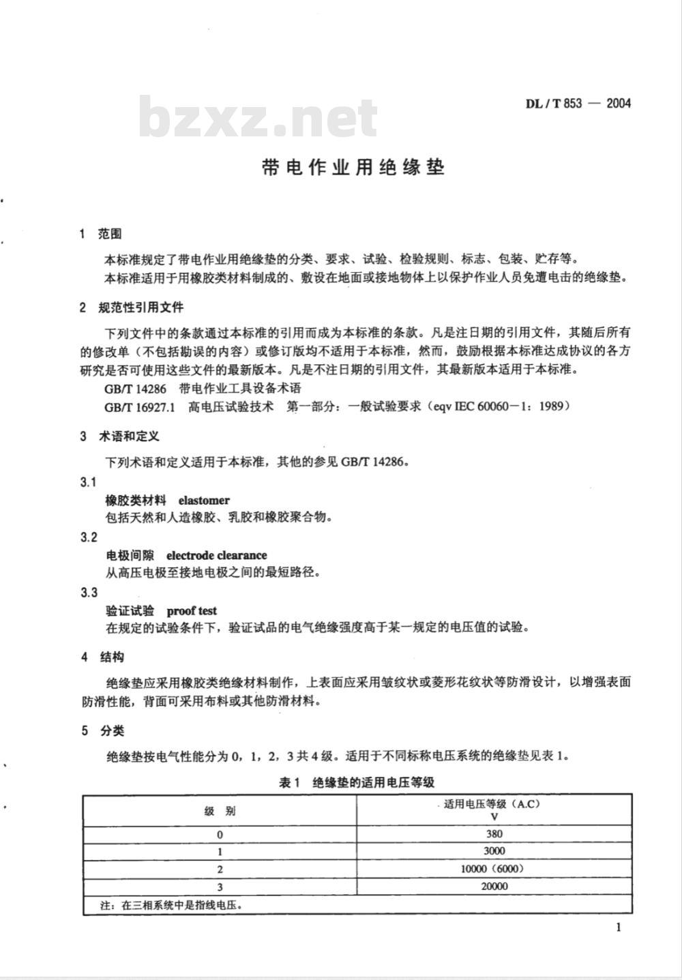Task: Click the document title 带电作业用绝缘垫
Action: pyautogui.click(x=353, y=168)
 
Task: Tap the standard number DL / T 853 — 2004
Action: pyautogui.click(x=578, y=104)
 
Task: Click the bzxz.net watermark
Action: pyautogui.click(x=258, y=118)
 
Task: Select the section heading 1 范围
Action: pyautogui.click(x=101, y=234)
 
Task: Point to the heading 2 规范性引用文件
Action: pyautogui.click(x=132, y=308)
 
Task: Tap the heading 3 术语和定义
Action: pyautogui.click(x=119, y=436)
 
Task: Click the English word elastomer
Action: pyautogui.click(x=204, y=501)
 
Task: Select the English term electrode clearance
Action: pyautogui.click(x=217, y=555)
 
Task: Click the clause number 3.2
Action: pyautogui.click(x=89, y=537)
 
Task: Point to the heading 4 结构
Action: pyautogui.click(x=102, y=657)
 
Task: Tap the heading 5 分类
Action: pyautogui.click(x=102, y=731)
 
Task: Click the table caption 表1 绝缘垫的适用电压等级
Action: pyautogui.click(x=357, y=782)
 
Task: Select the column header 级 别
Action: pyautogui.click(x=220, y=811)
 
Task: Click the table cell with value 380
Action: pyautogui.click(x=494, y=833)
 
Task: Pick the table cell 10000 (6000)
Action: pyautogui.click(x=494, y=869)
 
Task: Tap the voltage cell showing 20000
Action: pyautogui.click(x=494, y=887)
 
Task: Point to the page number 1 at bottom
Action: pyautogui.click(x=618, y=927)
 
